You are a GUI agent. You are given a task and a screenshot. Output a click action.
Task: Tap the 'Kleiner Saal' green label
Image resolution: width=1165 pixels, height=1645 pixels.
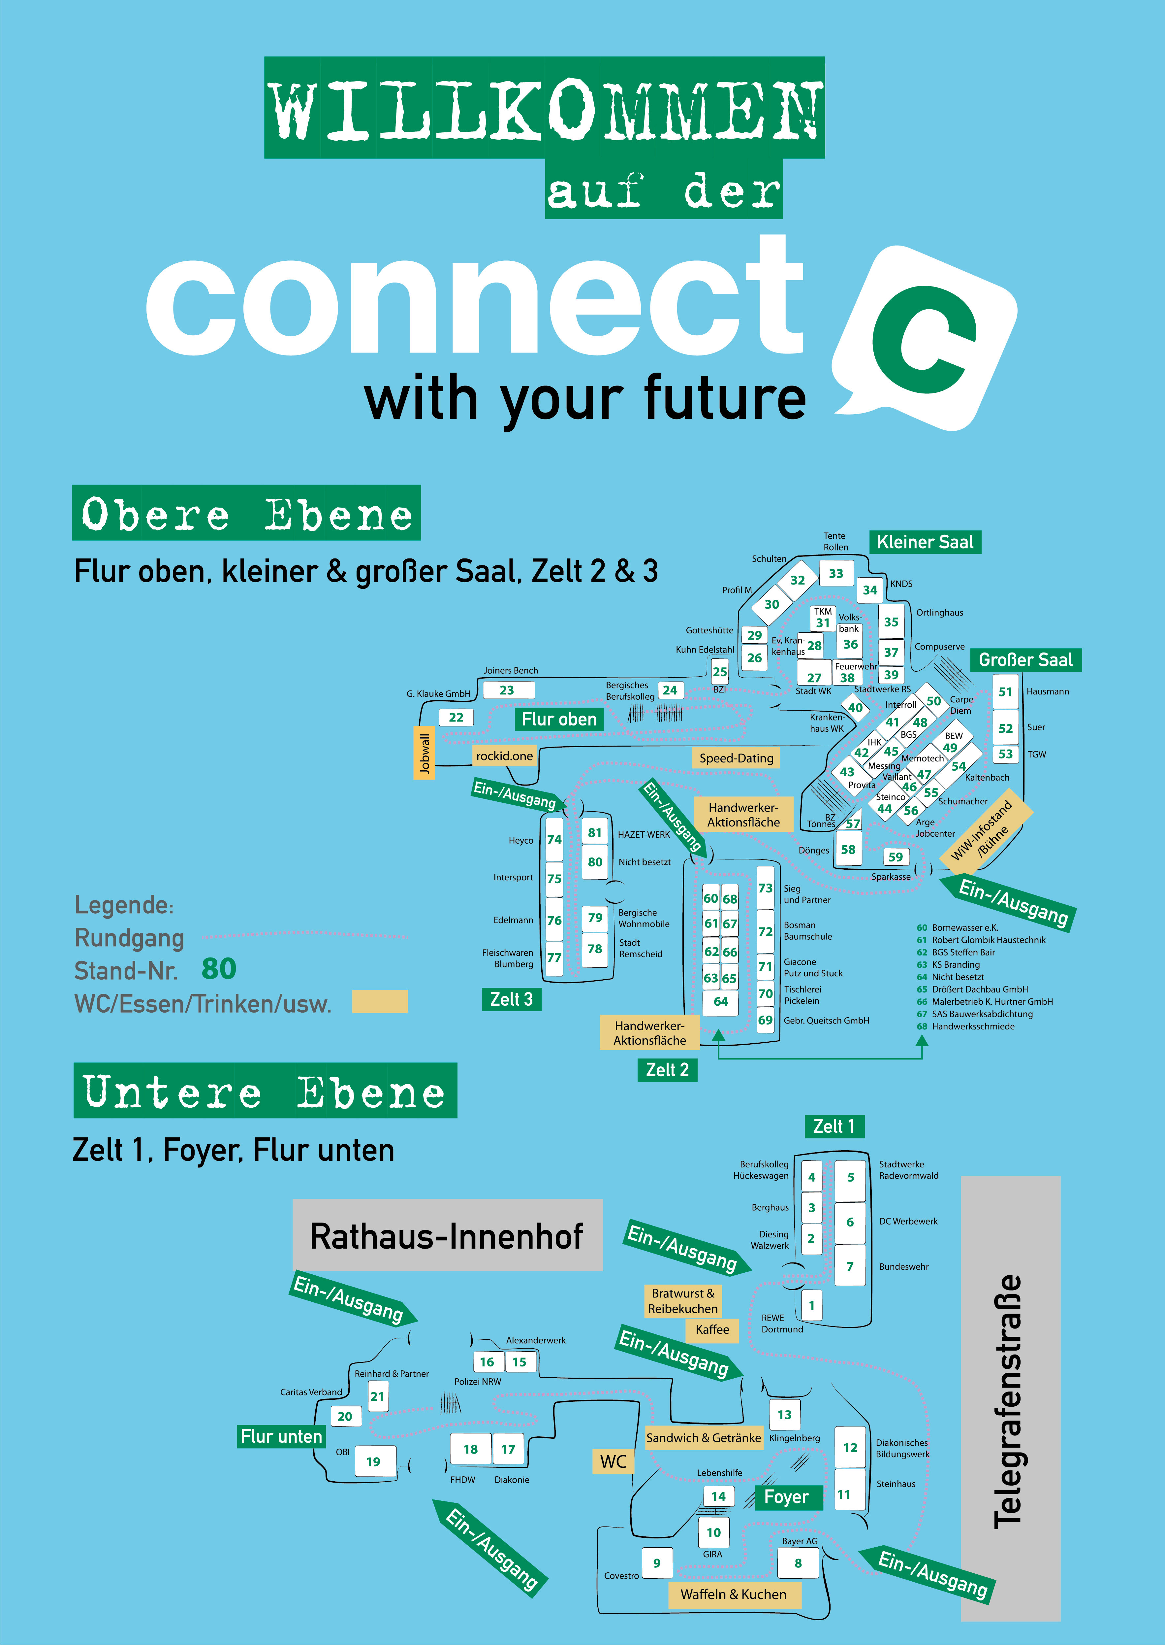[925, 543]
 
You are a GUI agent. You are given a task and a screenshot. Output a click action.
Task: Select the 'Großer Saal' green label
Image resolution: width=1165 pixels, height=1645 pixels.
[1025, 660]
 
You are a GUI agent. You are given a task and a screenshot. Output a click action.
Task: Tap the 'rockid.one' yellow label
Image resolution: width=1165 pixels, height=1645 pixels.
[504, 756]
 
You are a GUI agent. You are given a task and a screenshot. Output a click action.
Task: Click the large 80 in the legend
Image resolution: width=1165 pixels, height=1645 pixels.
[219, 969]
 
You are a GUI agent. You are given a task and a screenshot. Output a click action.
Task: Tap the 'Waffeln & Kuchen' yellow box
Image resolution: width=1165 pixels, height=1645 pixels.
[733, 1595]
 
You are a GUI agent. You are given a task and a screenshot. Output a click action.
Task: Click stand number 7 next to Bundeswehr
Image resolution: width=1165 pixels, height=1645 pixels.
[850, 1267]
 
